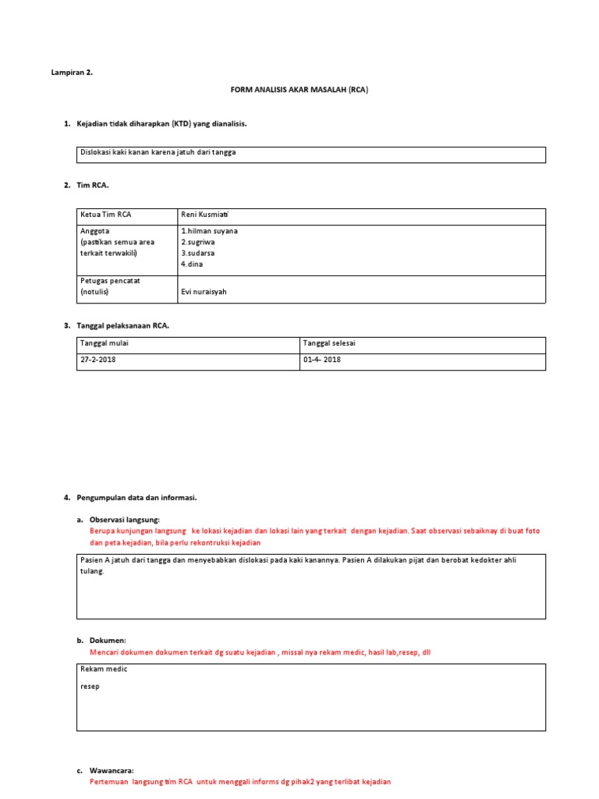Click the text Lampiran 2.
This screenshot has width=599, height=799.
(72, 73)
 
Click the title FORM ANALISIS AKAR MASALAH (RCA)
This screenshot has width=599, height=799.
(299, 90)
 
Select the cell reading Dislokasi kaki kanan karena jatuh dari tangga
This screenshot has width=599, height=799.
(158, 153)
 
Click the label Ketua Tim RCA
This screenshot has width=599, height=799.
(106, 215)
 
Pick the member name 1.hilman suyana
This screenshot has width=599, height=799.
(209, 231)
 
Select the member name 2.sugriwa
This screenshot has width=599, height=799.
(198, 243)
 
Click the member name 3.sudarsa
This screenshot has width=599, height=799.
(197, 254)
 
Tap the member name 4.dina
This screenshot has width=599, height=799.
(192, 265)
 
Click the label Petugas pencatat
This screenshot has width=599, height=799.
(110, 281)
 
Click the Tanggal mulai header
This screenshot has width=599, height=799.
(103, 343)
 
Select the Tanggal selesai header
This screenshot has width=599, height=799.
(328, 343)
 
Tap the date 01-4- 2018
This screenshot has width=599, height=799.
(321, 360)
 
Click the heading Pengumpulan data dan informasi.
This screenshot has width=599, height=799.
(136, 497)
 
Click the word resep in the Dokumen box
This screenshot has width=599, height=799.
(90, 687)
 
